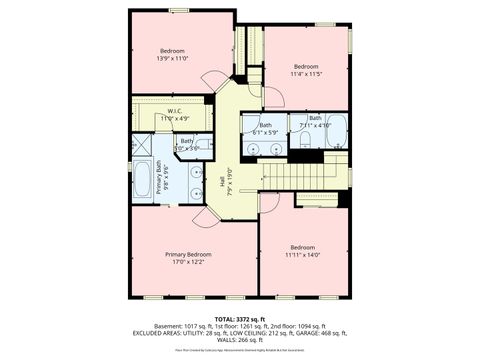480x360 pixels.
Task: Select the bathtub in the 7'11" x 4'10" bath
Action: [335, 131]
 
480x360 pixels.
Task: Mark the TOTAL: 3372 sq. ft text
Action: [240, 317]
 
